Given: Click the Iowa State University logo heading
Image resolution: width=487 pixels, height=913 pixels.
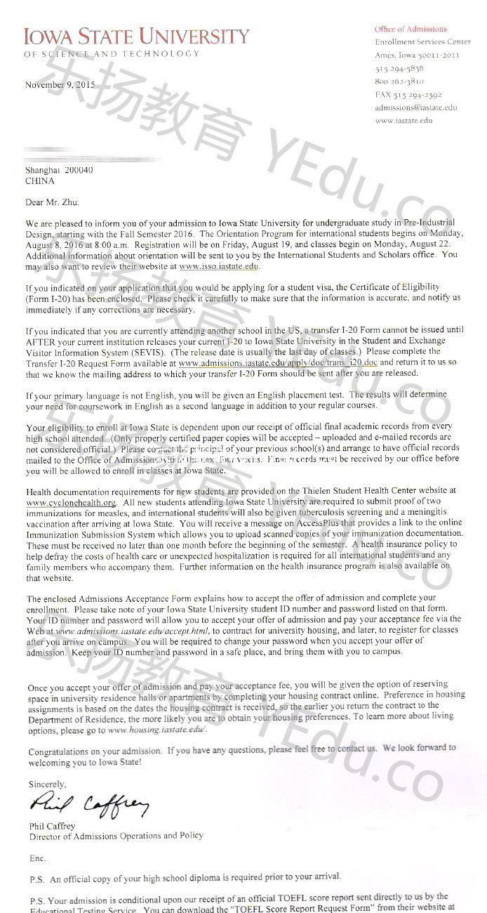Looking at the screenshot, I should pos(136,37).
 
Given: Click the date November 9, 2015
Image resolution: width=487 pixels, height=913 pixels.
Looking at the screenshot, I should pos(60,85).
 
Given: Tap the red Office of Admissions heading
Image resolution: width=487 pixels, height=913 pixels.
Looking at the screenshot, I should pos(411,29).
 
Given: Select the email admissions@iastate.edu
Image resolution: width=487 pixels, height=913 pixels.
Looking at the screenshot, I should pos(415,107).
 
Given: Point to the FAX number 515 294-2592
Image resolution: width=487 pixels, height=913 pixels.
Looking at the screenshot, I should pos(408,95).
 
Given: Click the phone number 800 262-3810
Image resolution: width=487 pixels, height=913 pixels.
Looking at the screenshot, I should pos(399,81).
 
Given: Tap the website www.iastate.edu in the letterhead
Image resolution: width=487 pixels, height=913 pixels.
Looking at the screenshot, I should pos(403,120).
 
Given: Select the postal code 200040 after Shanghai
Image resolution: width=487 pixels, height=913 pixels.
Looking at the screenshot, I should pos(79,170).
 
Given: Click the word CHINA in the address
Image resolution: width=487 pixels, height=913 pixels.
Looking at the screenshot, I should pos(39,180).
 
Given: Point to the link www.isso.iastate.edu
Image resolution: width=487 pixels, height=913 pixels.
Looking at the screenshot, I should pos(219,266).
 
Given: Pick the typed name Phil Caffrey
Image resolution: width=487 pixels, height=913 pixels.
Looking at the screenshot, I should pos(52,826).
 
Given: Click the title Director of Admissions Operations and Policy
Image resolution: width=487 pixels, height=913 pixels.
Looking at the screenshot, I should pos(116,836).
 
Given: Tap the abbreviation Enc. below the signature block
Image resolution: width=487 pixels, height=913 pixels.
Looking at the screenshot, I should pos(37,858).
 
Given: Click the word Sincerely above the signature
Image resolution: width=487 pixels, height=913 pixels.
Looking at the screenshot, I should pos(48,784).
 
